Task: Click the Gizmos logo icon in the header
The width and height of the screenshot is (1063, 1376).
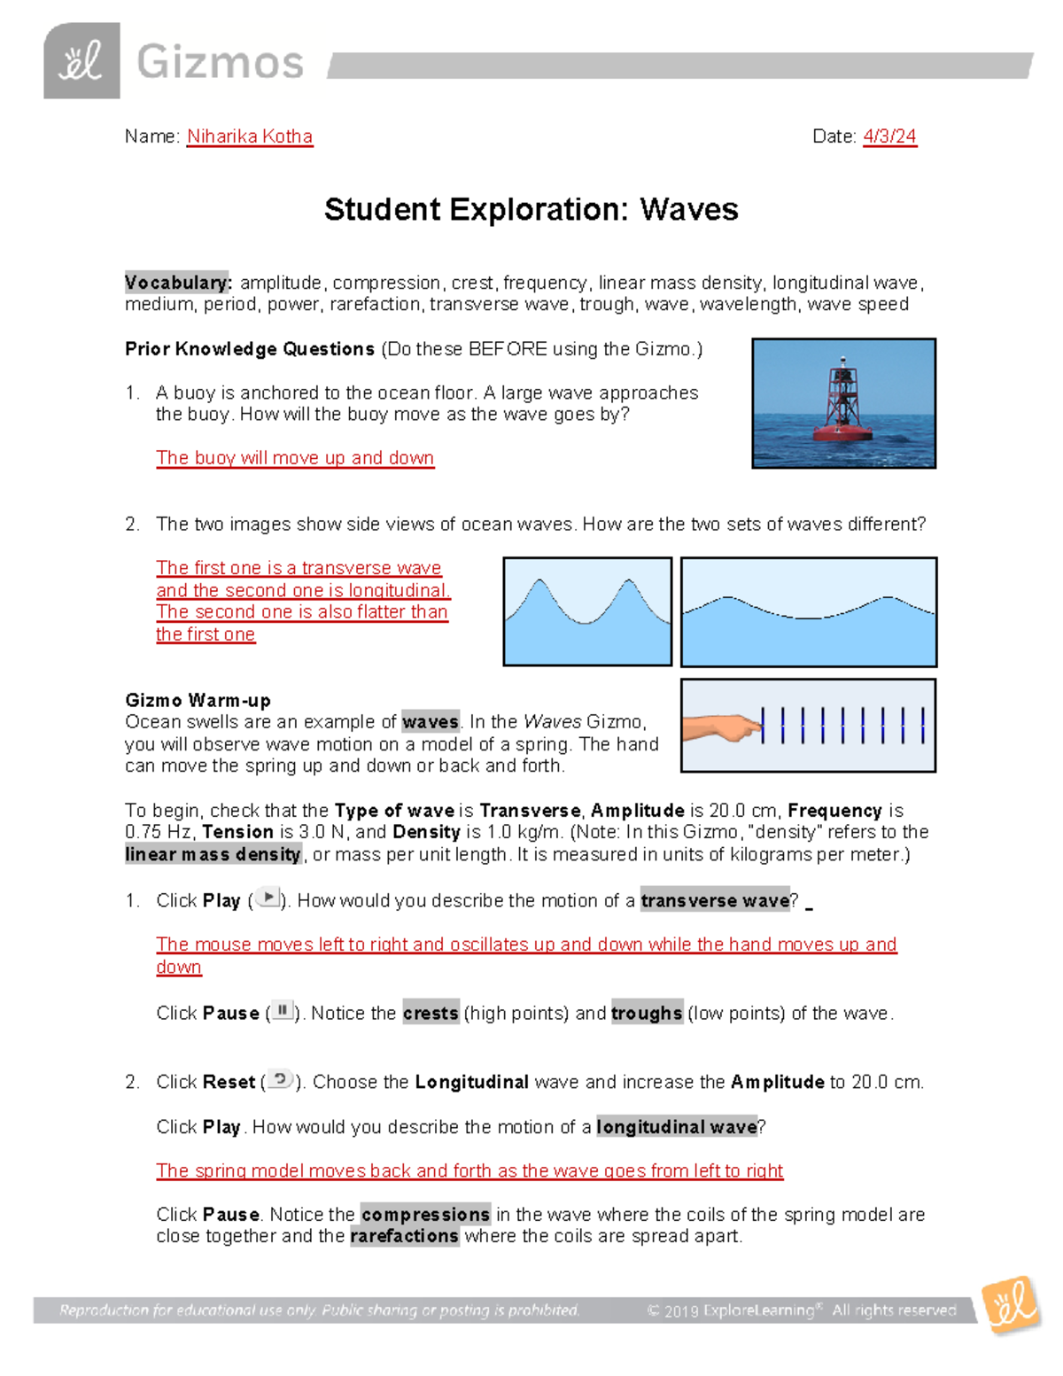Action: [81, 61]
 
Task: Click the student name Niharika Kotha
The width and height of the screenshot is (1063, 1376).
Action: [249, 136]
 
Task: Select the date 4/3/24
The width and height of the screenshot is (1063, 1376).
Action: [889, 136]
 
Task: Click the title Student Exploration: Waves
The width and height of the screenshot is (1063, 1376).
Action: [531, 210]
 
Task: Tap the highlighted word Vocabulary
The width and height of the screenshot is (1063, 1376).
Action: [177, 283]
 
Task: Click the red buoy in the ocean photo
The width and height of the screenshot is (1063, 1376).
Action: [842, 403]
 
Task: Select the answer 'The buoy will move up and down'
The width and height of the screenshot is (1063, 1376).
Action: [295, 458]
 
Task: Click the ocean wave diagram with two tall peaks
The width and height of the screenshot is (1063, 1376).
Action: [587, 611]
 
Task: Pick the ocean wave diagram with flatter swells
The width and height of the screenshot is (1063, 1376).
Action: [808, 612]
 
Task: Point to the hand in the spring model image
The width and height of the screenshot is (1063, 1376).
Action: [724, 728]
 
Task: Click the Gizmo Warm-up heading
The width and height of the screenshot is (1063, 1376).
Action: [198, 700]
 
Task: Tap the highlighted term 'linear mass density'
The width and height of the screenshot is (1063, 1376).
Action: [213, 854]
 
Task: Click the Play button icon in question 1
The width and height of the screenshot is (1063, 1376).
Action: [268, 898]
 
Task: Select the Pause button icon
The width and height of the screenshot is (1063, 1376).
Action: [283, 1010]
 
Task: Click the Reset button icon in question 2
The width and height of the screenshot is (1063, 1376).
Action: [280, 1079]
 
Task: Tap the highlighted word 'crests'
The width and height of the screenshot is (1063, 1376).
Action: [431, 1013]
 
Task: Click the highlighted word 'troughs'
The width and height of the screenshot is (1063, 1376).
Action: [647, 1013]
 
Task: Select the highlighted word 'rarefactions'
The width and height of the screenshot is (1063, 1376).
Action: [404, 1236]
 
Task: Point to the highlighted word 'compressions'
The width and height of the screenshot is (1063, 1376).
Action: [425, 1214]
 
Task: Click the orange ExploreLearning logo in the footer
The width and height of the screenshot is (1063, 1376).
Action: [1010, 1304]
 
